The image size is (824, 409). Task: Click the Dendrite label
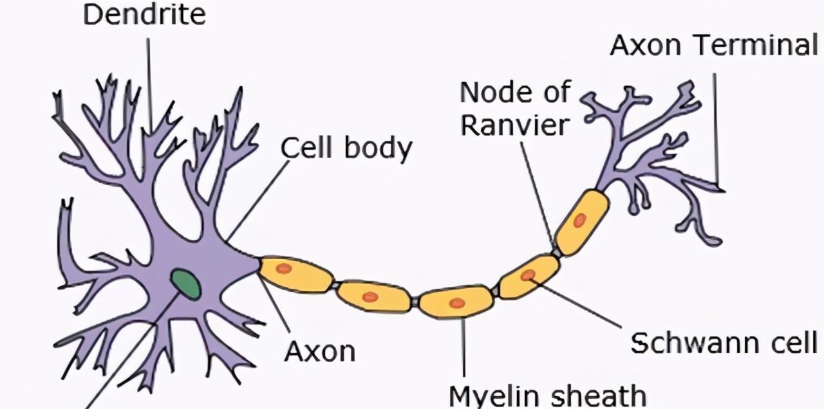pos(144,15)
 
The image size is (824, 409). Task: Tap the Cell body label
pos(346,149)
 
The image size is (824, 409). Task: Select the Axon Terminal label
pos(713,45)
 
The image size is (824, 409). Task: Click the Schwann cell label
pos(724,343)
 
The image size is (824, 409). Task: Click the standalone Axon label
pos(320,351)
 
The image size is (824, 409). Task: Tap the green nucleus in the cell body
pos(185,284)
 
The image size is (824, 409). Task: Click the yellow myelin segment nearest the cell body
pos(295,273)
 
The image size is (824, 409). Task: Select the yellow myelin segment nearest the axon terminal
pos(581,222)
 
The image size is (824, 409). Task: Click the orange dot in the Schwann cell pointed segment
pos(528,275)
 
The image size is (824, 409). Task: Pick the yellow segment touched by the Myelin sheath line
pos(456,302)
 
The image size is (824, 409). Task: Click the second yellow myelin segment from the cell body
pos(373,296)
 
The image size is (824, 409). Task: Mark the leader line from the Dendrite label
pos(149,84)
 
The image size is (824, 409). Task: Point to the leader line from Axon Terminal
pos(716,129)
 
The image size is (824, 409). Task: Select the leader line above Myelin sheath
pos(464,347)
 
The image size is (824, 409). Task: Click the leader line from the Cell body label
pos(257,199)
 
